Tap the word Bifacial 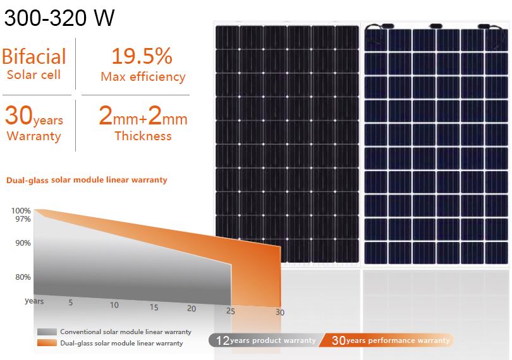click(x=34, y=57)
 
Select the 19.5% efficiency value click(x=142, y=56)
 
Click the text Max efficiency click(x=143, y=77)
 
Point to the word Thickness click(x=143, y=136)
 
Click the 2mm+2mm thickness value click(x=143, y=117)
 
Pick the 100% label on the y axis click(x=21, y=211)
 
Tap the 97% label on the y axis click(x=23, y=219)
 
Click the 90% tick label click(x=23, y=243)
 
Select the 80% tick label click(x=23, y=277)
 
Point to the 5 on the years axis click(x=71, y=303)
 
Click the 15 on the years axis click(x=154, y=308)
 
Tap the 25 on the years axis click(x=231, y=311)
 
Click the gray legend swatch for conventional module click(x=47, y=332)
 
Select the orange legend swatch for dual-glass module click(x=47, y=343)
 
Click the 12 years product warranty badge click(x=265, y=340)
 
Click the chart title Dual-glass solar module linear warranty click(x=87, y=180)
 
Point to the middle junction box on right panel click(x=436, y=26)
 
